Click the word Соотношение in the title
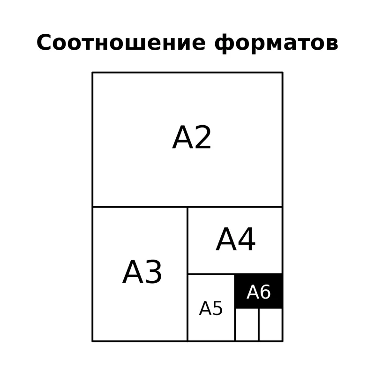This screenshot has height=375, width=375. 121,42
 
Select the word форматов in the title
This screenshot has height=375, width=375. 276,44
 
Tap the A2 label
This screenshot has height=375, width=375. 192,137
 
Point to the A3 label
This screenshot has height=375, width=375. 142,272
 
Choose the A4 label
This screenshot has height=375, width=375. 236,239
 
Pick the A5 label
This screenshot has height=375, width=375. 210,308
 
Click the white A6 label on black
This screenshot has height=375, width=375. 259,292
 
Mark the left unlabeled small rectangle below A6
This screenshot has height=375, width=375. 247,324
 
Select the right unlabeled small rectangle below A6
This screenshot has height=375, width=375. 271,324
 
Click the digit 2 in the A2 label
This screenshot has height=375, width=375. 202,137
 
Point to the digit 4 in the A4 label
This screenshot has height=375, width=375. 247,239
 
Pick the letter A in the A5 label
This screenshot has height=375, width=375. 205,308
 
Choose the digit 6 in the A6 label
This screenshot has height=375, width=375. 265,292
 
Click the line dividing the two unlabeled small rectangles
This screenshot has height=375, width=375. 259,324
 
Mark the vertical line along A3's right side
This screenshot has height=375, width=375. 187,274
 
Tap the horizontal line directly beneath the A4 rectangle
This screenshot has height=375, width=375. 235,274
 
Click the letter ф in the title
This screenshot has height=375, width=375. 224,44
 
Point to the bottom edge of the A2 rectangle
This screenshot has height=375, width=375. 187,207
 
